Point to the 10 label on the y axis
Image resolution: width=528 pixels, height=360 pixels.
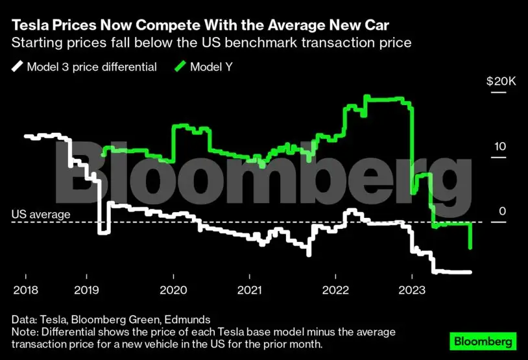click(499, 147)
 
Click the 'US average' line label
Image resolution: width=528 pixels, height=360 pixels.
click(41, 214)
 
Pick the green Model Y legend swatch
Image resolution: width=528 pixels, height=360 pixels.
click(179, 67)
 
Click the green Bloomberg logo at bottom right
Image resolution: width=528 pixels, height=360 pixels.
click(483, 341)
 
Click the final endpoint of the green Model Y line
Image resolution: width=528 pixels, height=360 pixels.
click(470, 248)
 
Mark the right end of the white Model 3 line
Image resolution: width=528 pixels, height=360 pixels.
click(470, 272)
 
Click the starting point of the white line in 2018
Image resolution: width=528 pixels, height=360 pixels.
click(25, 136)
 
